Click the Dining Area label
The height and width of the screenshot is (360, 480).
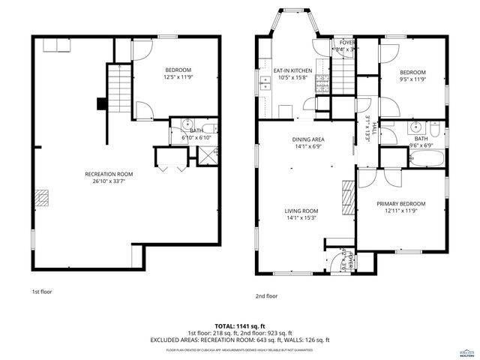coord(308,139)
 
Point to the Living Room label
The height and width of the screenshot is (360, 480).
coord(301,211)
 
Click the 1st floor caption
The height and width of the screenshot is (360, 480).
coord(41,291)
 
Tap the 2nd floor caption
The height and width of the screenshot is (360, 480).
coord(266,295)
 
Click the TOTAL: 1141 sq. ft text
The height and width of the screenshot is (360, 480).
coord(239,325)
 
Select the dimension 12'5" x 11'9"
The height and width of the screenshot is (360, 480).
coord(178,77)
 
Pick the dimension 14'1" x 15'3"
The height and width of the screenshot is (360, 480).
coord(301,218)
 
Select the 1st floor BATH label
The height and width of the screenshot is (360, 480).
coord(196,131)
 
